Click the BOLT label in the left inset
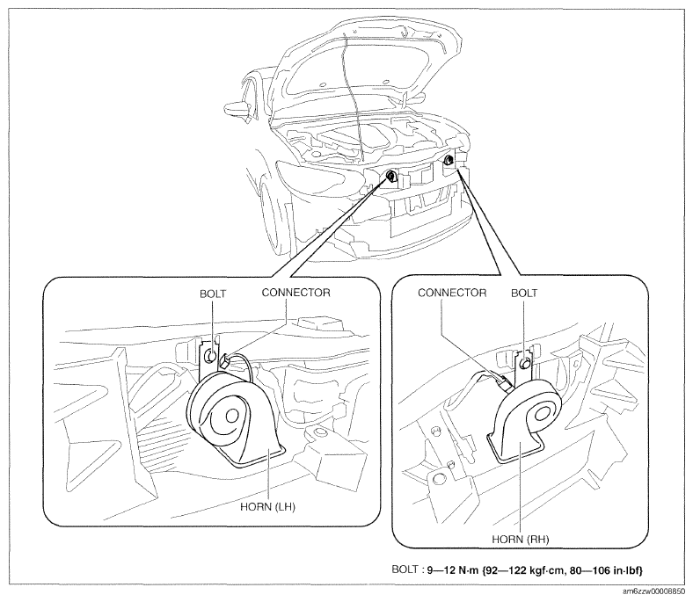coord(213,294)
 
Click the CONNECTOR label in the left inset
coord(295,293)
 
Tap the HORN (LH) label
coord(268,506)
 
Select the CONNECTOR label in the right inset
coord(452,293)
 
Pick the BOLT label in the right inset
coord(524,293)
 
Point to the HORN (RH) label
coord(521,540)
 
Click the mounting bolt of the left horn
coord(211,356)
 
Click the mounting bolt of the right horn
coord(526,363)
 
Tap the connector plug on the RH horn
coord(507,383)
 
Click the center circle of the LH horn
coord(231,415)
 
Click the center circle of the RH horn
coord(540,413)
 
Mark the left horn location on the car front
coord(390,177)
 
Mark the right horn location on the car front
coord(449,160)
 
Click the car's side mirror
coord(238,108)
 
